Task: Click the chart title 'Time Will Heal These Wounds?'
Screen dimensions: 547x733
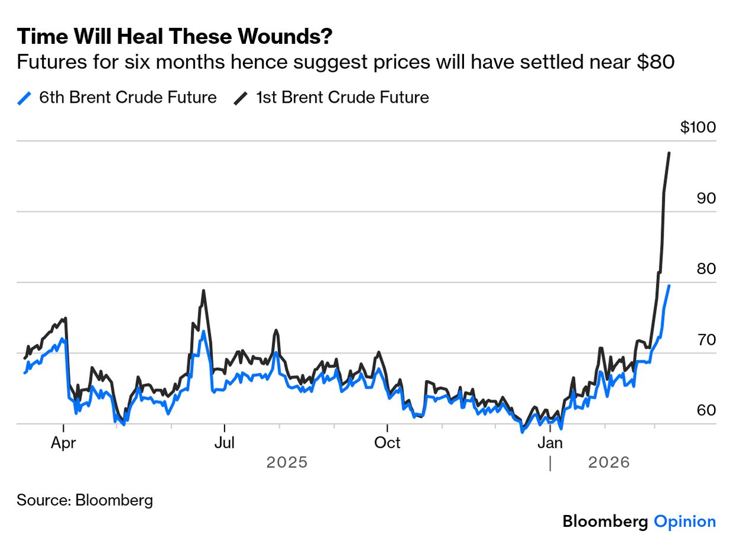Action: click(x=174, y=37)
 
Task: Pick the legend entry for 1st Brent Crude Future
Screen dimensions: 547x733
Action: click(x=332, y=97)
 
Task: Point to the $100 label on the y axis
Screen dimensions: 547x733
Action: click(x=698, y=128)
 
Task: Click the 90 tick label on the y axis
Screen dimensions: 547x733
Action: click(x=706, y=198)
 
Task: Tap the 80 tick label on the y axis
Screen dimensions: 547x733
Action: click(x=706, y=269)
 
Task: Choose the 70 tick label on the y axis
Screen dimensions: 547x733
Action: click(x=706, y=339)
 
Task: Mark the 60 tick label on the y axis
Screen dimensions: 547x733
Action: click(x=706, y=410)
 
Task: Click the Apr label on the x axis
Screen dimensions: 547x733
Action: click(x=63, y=443)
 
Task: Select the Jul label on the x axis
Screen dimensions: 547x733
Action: click(x=224, y=443)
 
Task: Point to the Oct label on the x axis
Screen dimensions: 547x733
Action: click(x=387, y=443)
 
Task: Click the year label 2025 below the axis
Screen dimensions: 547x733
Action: click(x=287, y=462)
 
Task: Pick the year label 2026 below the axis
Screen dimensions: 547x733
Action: click(x=609, y=462)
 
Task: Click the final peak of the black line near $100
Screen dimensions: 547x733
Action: click(x=669, y=153)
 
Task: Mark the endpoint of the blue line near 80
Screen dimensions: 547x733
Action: click(x=669, y=286)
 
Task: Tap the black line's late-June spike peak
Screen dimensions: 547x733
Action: click(x=203, y=291)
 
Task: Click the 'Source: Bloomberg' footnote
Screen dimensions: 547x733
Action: click(x=85, y=500)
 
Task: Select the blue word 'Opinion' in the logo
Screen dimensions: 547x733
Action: click(x=684, y=521)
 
